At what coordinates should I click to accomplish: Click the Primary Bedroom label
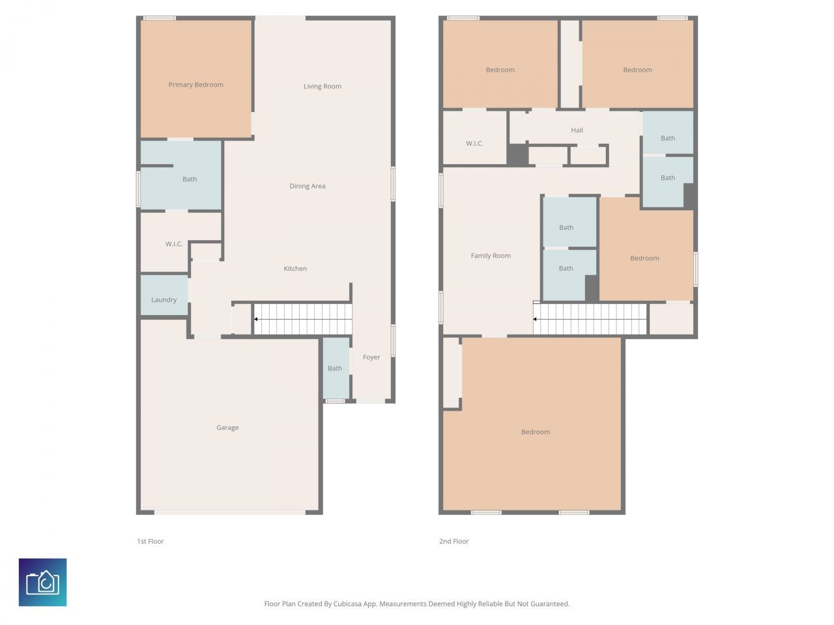[x=195, y=85]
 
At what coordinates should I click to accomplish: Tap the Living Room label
[x=322, y=86]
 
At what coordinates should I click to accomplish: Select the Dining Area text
[x=307, y=186]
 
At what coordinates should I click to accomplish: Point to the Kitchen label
[x=295, y=268]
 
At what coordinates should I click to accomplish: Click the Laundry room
[x=164, y=299]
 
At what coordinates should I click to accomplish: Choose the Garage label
[x=227, y=428]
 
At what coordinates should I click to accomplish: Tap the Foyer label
[x=371, y=357]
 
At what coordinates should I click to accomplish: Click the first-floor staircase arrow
[x=256, y=319]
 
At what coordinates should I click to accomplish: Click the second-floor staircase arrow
[x=536, y=319]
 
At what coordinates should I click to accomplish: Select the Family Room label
[x=490, y=256]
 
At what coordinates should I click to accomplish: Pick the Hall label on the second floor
[x=577, y=130]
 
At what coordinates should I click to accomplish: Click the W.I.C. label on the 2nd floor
[x=474, y=143]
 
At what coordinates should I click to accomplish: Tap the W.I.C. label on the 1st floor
[x=173, y=244]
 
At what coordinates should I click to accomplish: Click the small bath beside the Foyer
[x=335, y=368]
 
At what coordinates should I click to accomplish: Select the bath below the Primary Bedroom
[x=189, y=179]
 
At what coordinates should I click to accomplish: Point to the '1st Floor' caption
[x=150, y=541]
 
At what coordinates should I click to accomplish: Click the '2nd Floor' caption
[x=453, y=541]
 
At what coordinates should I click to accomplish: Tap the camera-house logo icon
[x=42, y=582]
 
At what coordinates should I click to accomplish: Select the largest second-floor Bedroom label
[x=535, y=432]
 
